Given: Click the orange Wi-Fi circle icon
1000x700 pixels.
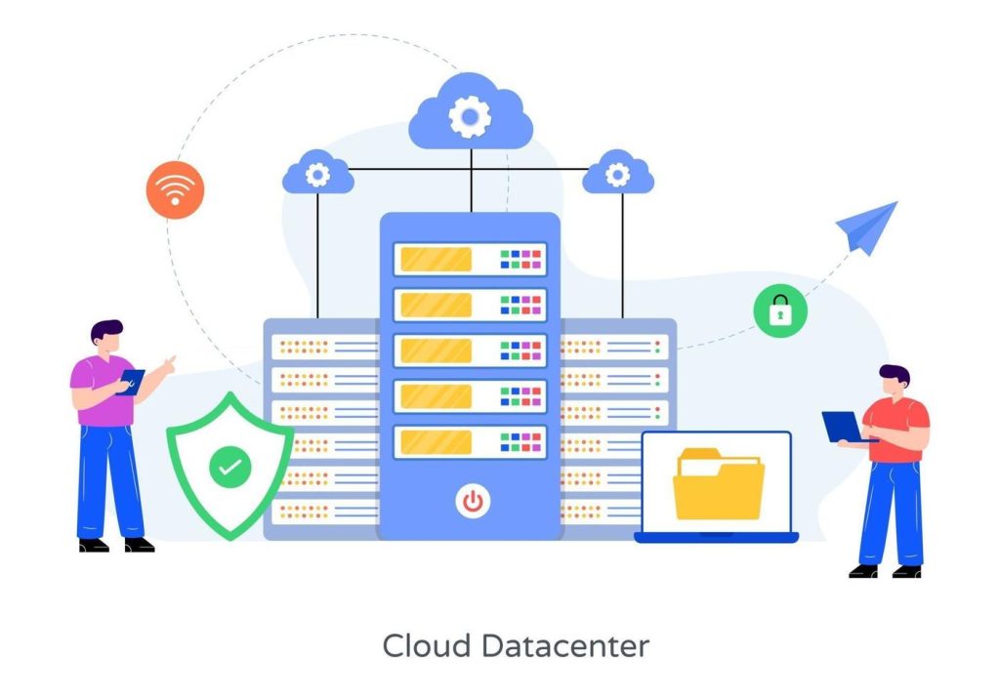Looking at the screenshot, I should click(175, 189).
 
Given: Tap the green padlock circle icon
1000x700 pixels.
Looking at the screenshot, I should click(780, 310).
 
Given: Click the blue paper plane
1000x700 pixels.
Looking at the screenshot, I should click(867, 227).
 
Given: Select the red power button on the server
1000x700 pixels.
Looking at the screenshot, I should click(472, 502).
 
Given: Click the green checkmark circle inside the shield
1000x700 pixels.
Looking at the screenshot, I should click(229, 469).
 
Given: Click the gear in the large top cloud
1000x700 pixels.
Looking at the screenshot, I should click(470, 118).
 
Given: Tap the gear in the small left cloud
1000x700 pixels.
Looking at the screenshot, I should click(317, 176).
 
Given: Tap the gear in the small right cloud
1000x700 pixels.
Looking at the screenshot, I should click(618, 176).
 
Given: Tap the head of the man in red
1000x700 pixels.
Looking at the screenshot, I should click(894, 382).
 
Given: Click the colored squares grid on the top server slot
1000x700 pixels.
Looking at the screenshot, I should click(521, 259).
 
